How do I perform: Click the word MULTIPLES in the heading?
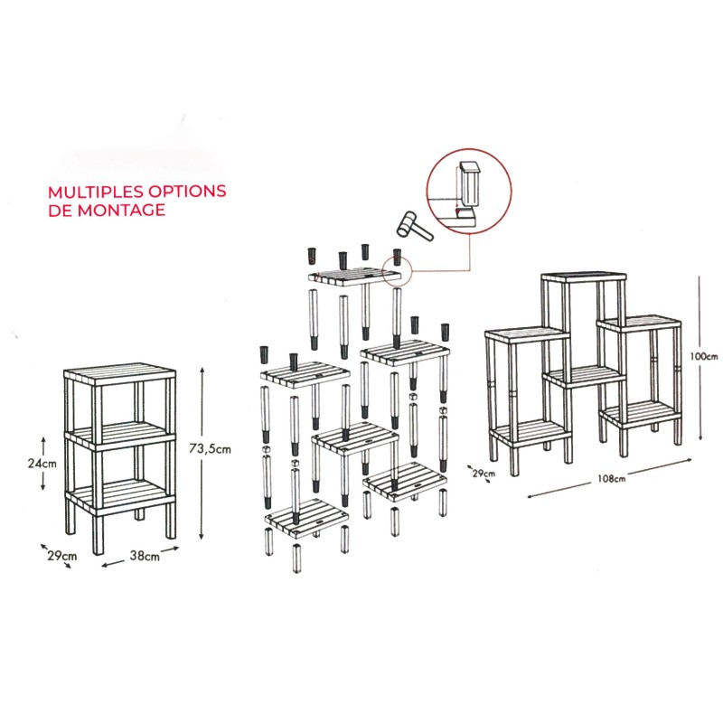tap(94, 192)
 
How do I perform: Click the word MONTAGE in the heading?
tap(121, 211)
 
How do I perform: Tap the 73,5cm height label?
tap(210, 448)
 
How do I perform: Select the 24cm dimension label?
tap(42, 463)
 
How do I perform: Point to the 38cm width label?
tap(145, 556)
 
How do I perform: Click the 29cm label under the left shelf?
tap(61, 556)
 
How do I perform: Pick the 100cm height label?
tap(704, 356)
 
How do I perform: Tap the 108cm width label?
tap(612, 479)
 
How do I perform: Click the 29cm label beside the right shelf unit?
tap(484, 473)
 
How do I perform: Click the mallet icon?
tap(414, 226)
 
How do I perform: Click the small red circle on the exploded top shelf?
tap(397, 272)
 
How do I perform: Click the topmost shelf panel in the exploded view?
tap(355, 276)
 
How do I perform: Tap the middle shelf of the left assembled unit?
tap(120, 435)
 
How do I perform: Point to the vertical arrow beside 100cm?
tap(700, 358)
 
